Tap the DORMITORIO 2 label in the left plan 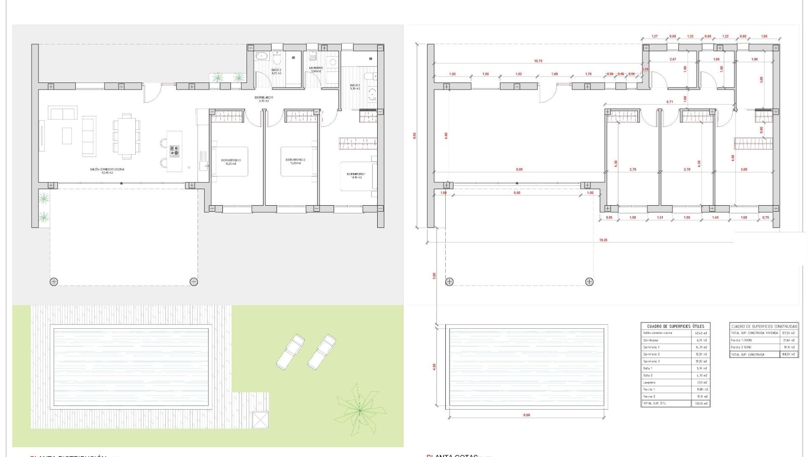[295, 160]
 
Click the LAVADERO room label [316, 68]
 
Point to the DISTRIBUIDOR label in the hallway [263, 98]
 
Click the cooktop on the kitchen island [174, 151]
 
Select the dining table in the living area [126, 136]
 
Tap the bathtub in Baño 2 [262, 55]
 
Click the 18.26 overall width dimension [603, 240]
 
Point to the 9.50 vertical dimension [415, 136]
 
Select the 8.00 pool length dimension [527, 415]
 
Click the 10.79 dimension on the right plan [538, 61]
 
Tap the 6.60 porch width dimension [517, 193]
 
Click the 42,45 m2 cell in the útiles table [702, 333]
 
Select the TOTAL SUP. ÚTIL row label [654, 404]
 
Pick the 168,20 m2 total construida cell [789, 354]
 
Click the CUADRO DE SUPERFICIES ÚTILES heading [675, 326]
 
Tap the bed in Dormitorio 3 [230, 161]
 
